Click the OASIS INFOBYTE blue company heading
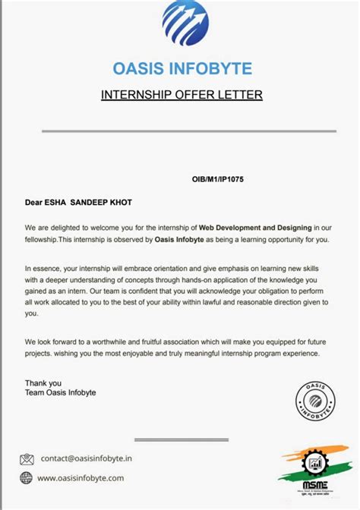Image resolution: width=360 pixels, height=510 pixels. coord(182,68)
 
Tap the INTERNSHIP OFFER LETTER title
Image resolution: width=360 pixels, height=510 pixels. coord(182,95)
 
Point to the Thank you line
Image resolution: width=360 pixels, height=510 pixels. coord(43,382)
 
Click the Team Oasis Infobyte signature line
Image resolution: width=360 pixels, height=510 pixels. coord(61,392)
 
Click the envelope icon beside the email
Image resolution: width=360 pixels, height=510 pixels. coord(27,458)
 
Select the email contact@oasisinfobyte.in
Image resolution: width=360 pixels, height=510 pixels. coord(87,458)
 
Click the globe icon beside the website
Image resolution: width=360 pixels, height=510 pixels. coord(27,477)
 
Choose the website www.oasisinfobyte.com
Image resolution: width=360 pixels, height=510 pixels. coord(81,477)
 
